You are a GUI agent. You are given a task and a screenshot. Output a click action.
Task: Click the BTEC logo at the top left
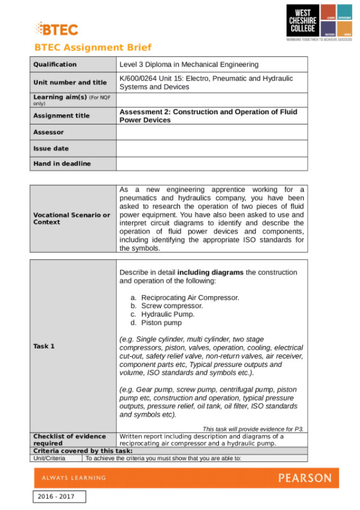coord(57,29)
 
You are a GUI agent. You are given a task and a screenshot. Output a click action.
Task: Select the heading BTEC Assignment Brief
coord(93,48)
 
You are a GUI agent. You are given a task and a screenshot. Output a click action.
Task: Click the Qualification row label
coord(55,64)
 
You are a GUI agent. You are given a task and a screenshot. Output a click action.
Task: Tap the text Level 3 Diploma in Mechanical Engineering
coord(189,64)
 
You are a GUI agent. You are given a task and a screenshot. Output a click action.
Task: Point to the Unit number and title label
coord(70,82)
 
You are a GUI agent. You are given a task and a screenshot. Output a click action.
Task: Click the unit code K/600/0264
coord(142,79)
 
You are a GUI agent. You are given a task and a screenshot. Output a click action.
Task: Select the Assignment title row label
coord(61,116)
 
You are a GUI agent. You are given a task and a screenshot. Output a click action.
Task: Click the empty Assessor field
coord(211,132)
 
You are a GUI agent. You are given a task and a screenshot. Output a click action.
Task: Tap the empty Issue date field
coord(211,148)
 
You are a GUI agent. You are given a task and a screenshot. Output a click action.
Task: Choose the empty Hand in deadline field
coord(211,163)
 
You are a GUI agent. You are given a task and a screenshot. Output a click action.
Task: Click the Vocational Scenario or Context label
coord(71,218)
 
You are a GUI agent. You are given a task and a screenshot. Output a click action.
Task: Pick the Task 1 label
coord(44,346)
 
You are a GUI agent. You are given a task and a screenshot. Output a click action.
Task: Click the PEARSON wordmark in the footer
coord(304,478)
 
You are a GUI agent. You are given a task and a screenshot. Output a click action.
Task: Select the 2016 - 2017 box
coord(59,497)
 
